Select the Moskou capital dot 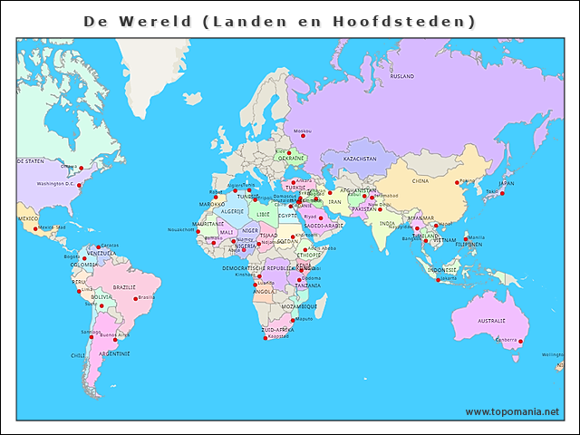pyautogui.click(x=303, y=137)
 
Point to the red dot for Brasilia pyautogui.click(x=135, y=298)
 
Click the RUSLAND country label pyautogui.click(x=402, y=77)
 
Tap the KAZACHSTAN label pyautogui.click(x=360, y=159)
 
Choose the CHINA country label pyautogui.click(x=420, y=180)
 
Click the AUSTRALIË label pyautogui.click(x=491, y=321)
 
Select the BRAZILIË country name pyautogui.click(x=124, y=287)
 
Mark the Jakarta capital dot pyautogui.click(x=440, y=279)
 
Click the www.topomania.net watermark pyautogui.click(x=512, y=411)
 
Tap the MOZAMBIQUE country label pyautogui.click(x=299, y=306)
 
